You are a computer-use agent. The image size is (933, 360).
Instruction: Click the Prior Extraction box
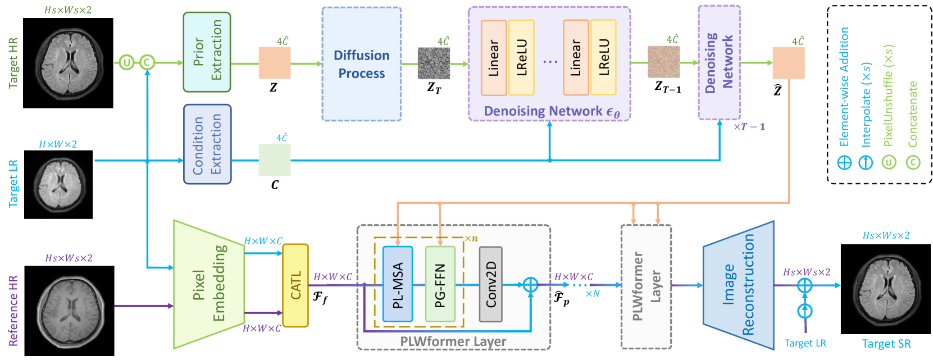(x=207, y=52)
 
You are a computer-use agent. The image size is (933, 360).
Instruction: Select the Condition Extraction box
(x=207, y=144)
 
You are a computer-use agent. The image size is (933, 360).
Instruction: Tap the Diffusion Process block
(x=361, y=64)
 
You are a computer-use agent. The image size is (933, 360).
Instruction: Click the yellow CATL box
(x=295, y=285)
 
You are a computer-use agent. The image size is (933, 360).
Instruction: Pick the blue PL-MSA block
(x=398, y=284)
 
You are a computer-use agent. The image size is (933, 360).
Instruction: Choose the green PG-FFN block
(x=440, y=284)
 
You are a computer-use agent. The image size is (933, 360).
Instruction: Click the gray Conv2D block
(x=490, y=284)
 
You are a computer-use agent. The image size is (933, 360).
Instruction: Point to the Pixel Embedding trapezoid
(x=208, y=284)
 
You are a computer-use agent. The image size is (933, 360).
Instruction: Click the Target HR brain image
(x=68, y=63)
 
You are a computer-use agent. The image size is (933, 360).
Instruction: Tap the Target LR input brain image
(x=58, y=184)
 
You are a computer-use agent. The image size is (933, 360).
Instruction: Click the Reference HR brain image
(x=69, y=311)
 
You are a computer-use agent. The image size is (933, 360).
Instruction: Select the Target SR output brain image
(x=885, y=289)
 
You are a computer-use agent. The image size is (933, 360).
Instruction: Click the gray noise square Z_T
(x=434, y=63)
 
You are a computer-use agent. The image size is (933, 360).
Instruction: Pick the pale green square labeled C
(x=275, y=160)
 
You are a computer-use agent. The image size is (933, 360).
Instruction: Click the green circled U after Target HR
(x=127, y=62)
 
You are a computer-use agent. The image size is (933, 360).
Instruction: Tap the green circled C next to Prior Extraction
(x=147, y=62)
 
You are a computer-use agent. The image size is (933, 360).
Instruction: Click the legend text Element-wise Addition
(x=844, y=87)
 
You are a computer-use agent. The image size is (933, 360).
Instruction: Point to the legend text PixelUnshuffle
(x=888, y=95)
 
